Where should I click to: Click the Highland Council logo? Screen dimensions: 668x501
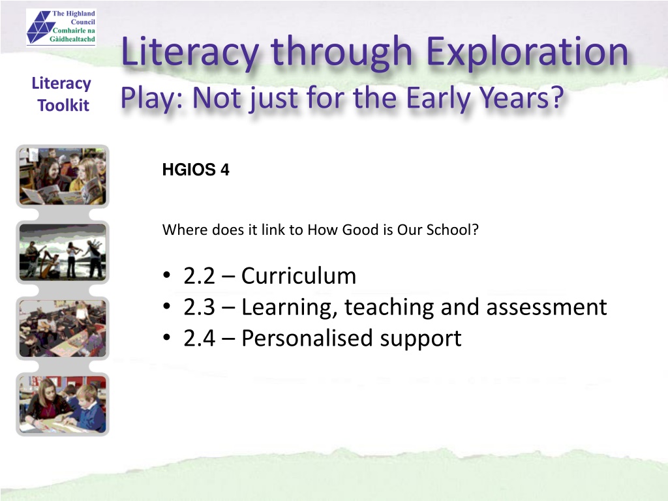click(x=61, y=27)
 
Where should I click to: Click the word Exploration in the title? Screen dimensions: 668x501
click(x=527, y=52)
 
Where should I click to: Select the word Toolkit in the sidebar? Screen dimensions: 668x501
click(x=63, y=105)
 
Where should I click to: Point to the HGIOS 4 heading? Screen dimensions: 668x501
click(x=196, y=170)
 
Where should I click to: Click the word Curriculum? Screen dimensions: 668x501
click(x=299, y=276)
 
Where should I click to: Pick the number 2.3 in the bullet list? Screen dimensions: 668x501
click(x=199, y=307)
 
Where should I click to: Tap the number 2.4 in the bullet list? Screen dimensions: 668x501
click(x=199, y=339)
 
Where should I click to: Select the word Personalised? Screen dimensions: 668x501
click(x=307, y=339)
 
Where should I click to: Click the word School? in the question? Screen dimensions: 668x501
click(x=453, y=230)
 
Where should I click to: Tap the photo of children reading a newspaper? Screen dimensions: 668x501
click(x=63, y=176)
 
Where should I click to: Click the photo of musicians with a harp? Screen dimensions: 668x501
click(x=63, y=252)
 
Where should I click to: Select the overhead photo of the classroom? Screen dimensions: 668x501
click(x=63, y=328)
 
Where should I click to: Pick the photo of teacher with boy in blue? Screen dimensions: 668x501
click(x=63, y=404)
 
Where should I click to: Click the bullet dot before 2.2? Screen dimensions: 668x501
click(x=166, y=275)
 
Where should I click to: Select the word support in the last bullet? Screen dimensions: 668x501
click(x=421, y=339)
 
